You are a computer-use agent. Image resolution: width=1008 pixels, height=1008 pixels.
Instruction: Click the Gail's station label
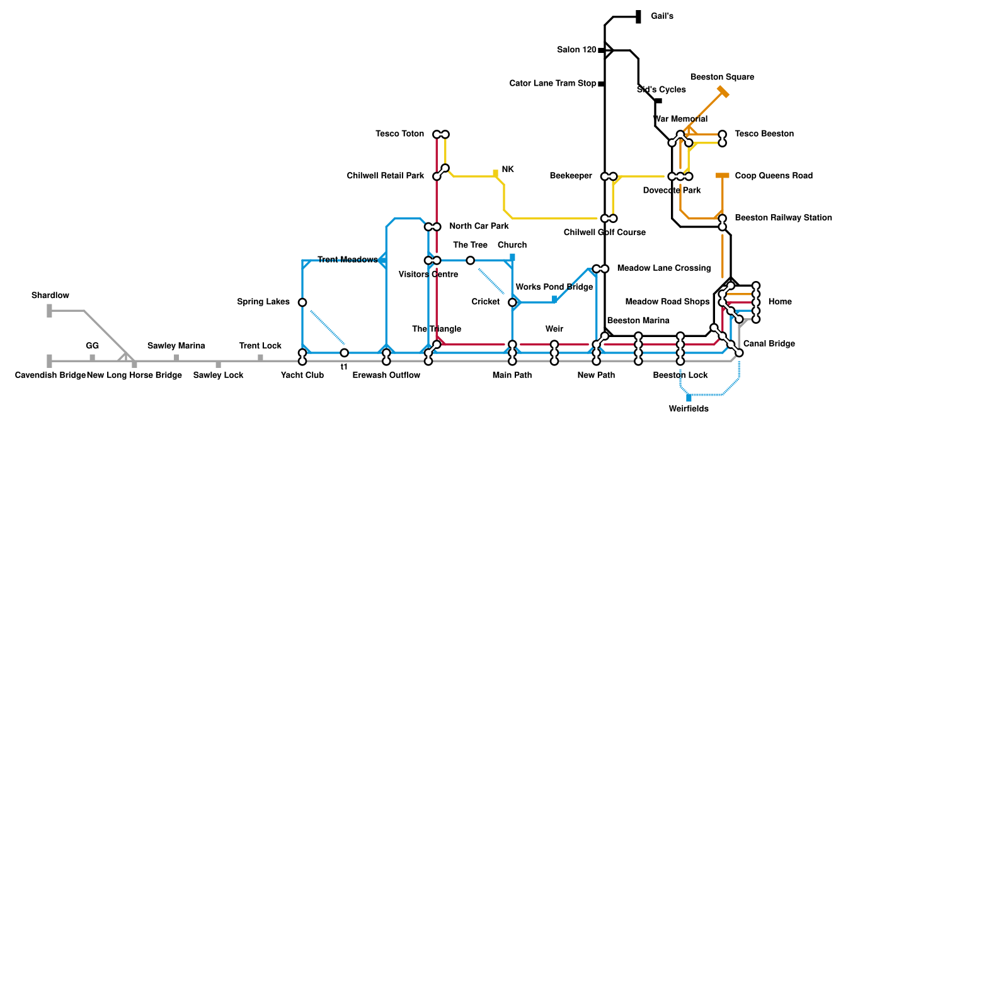click(x=661, y=16)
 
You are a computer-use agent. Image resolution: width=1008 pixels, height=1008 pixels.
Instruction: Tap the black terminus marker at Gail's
click(x=638, y=17)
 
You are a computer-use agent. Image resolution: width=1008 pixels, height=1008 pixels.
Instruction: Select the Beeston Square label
click(x=722, y=77)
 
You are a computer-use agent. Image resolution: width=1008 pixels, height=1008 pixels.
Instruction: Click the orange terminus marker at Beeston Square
click(x=723, y=92)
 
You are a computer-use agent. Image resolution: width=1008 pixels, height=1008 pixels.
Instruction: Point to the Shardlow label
click(x=50, y=296)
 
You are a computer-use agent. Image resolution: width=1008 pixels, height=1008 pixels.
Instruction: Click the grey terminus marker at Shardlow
click(x=50, y=311)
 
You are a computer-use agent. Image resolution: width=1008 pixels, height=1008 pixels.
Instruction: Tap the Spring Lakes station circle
click(x=302, y=302)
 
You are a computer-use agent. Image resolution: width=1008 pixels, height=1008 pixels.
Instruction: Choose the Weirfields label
click(x=689, y=409)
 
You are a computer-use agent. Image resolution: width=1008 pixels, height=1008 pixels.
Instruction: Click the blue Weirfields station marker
click(x=689, y=398)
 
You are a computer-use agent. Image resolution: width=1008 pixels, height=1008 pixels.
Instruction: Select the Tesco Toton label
click(x=400, y=134)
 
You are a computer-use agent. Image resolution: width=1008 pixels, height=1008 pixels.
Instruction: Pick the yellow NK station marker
click(x=496, y=173)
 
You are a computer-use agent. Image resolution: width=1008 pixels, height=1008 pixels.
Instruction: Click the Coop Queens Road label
click(x=774, y=176)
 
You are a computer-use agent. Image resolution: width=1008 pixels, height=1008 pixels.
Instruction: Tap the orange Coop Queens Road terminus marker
click(x=723, y=176)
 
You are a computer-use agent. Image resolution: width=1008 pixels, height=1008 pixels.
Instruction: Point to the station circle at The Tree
click(x=470, y=261)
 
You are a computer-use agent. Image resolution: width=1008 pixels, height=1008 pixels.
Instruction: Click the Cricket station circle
click(x=512, y=303)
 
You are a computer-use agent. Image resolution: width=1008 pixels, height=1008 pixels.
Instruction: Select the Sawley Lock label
click(x=218, y=375)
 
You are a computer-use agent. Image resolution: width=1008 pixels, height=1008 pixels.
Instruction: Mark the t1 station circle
click(x=344, y=353)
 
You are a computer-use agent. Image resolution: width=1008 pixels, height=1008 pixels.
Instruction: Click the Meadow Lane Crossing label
click(x=663, y=268)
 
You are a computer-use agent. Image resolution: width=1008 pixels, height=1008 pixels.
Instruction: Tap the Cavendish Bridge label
click(x=50, y=375)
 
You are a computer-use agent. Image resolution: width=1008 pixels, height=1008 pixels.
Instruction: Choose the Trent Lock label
click(x=260, y=346)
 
